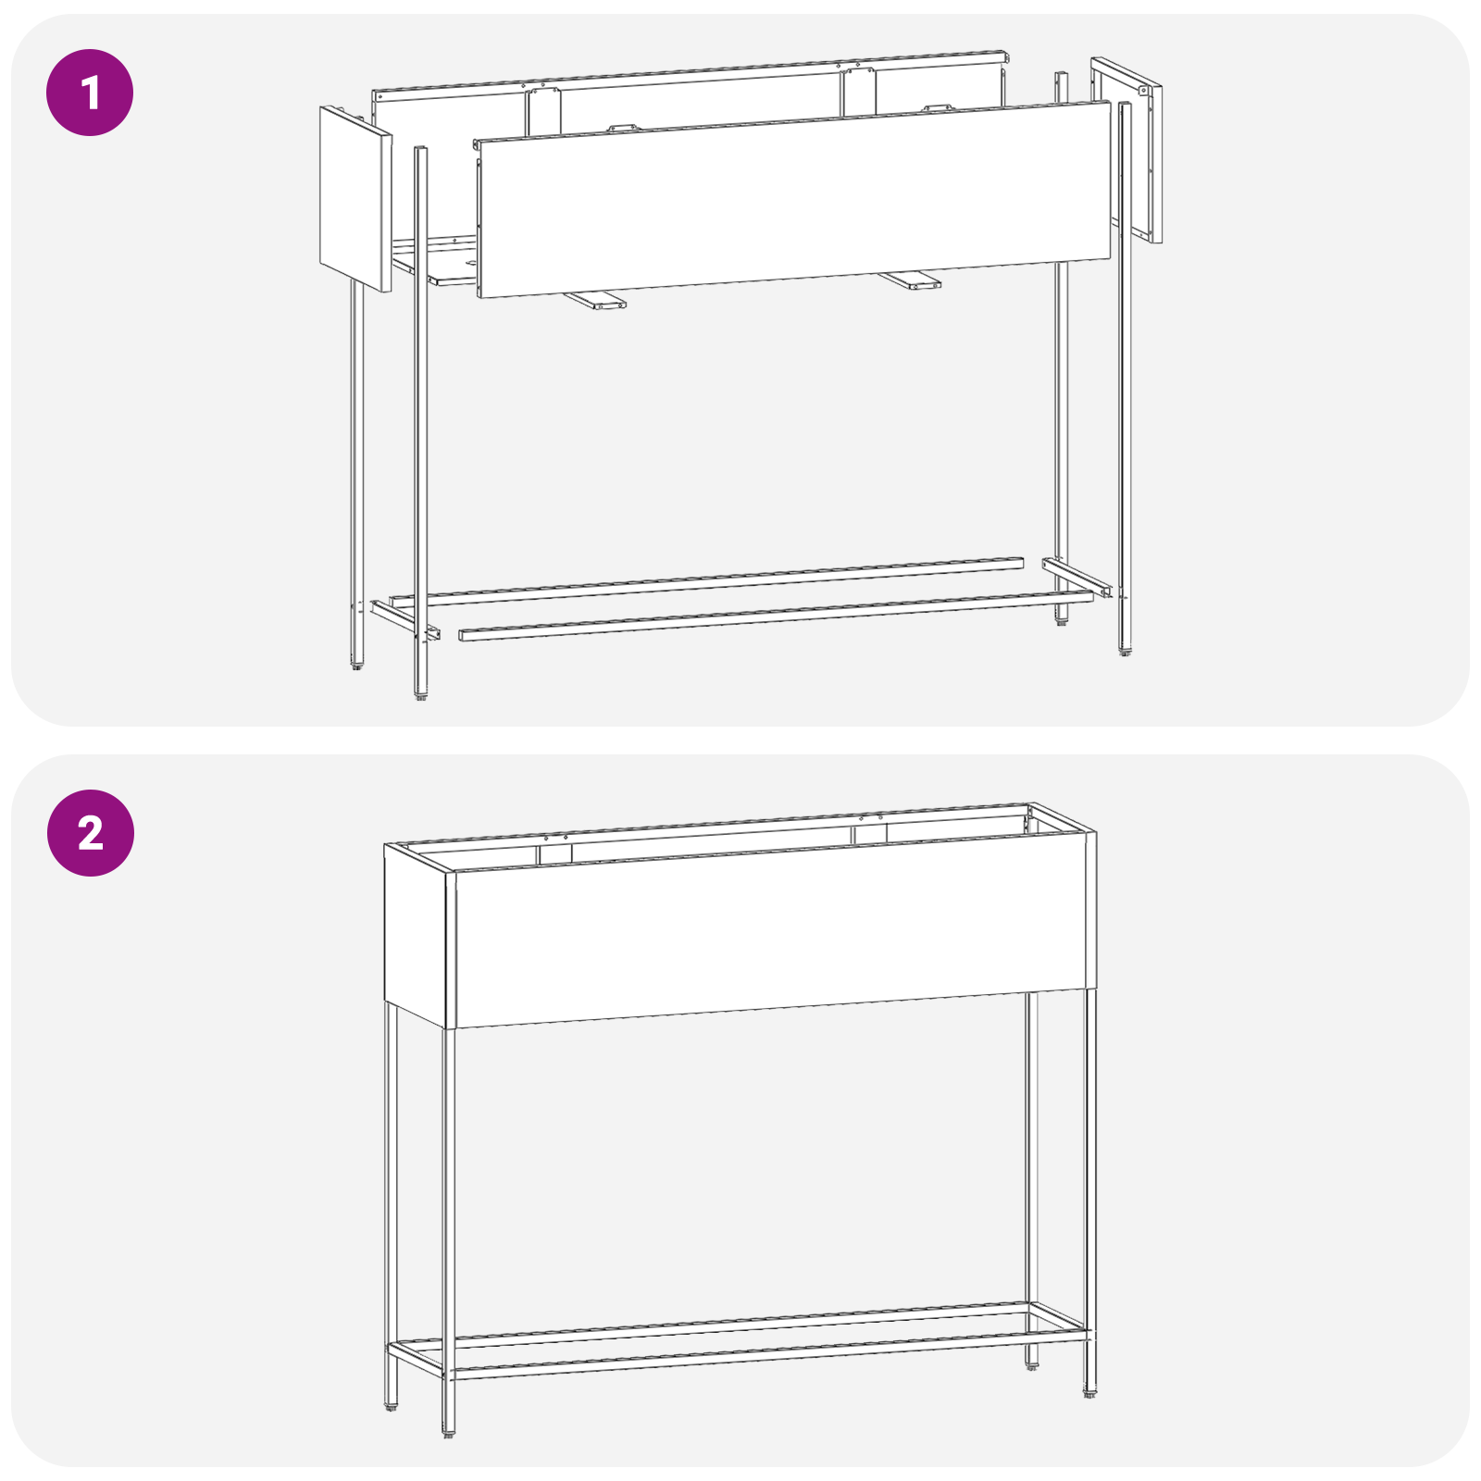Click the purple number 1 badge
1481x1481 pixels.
[x=90, y=93]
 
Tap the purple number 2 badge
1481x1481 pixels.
[x=90, y=833]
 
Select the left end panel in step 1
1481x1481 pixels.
[x=355, y=198]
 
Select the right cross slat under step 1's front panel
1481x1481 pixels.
[x=911, y=280]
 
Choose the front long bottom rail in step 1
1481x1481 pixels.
[x=776, y=618]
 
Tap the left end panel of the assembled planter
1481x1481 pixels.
[x=417, y=930]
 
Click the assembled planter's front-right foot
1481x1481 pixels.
[x=1089, y=1394]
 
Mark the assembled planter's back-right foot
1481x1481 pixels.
[x=1031, y=1366]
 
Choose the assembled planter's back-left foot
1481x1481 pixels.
[x=391, y=1408]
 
